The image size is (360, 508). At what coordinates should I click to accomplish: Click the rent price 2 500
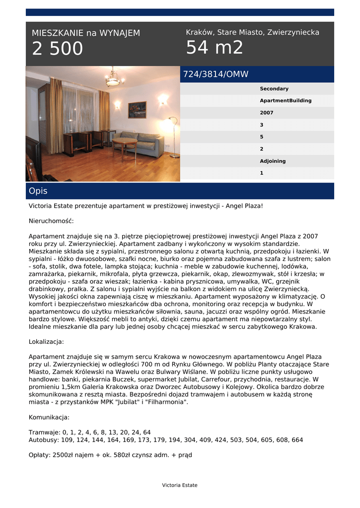(58, 49)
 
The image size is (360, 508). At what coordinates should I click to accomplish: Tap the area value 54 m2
(215, 48)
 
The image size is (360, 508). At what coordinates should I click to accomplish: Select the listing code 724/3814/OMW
(216, 74)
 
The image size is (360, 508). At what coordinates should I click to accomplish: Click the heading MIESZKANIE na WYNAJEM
(86, 33)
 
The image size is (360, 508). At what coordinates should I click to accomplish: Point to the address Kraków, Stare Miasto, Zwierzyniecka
(252, 32)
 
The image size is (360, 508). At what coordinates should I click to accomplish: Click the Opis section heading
(38, 191)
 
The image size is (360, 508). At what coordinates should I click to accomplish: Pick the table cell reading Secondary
(274, 89)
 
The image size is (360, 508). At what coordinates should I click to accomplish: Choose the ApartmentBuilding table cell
(286, 101)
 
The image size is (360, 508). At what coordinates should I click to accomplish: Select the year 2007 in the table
(267, 113)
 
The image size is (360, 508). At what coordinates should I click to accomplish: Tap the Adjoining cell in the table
(273, 161)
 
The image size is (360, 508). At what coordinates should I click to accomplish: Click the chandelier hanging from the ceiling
(114, 78)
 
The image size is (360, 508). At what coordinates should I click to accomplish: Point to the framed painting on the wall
(137, 109)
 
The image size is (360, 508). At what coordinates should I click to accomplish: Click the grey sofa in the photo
(143, 143)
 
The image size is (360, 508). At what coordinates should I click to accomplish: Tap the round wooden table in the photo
(125, 145)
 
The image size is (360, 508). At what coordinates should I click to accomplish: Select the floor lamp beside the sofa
(173, 137)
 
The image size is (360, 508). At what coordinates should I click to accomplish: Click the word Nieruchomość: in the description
(51, 221)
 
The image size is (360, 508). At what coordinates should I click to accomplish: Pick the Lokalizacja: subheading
(46, 342)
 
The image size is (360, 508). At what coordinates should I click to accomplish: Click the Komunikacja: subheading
(49, 417)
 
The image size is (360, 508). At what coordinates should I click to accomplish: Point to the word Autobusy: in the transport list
(43, 440)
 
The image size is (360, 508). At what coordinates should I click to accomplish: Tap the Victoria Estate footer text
(180, 485)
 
